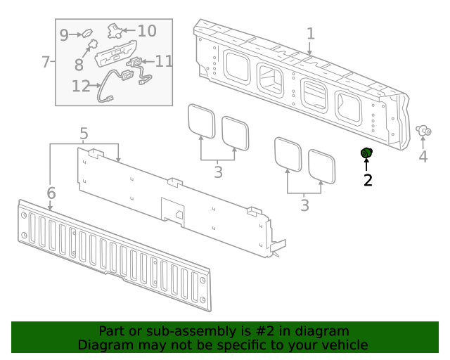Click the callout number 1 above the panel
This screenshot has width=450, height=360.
pos(310,34)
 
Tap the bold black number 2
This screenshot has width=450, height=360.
pos(367,180)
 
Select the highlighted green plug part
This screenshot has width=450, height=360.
pos(366,154)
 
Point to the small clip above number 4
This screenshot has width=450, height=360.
pos(423,131)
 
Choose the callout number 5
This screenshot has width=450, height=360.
pos(84,133)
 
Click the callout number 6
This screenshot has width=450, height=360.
pos(51,192)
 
